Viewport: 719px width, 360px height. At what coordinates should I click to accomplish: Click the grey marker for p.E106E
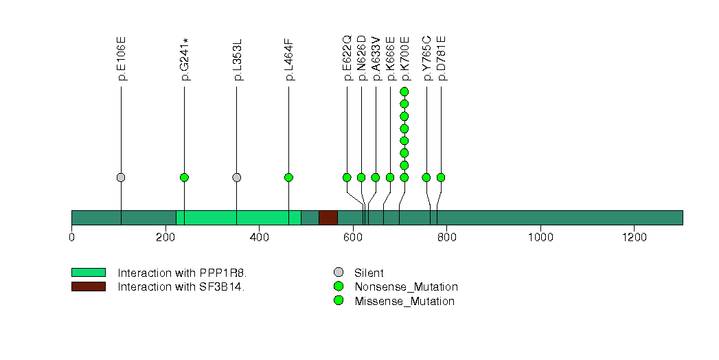point(121,177)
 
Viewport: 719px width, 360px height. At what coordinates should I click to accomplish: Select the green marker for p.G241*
point(184,177)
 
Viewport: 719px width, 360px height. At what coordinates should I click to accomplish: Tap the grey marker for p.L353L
point(237,177)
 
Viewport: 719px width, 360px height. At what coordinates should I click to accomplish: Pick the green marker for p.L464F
point(288,177)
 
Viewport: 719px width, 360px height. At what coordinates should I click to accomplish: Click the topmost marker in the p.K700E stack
point(404,91)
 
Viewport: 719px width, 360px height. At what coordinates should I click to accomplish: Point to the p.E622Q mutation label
point(347,58)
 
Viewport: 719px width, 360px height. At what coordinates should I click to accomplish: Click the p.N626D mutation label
point(362,58)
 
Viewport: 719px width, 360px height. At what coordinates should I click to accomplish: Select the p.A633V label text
point(376,58)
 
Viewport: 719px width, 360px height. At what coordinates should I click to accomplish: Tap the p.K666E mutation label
point(390,58)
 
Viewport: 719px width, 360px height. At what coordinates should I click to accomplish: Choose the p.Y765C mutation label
point(427,58)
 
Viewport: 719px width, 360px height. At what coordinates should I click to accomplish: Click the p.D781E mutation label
point(442,58)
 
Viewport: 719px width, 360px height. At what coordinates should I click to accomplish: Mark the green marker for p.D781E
point(441,177)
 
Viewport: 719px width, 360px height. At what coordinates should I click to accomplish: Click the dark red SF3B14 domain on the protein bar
point(328,218)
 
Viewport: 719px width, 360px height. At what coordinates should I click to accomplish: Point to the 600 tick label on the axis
point(353,238)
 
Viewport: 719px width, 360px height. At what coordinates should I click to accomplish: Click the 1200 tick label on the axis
point(634,238)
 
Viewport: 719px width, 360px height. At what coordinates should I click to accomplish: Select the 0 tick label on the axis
point(71,238)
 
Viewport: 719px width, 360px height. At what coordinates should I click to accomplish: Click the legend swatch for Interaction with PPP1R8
point(88,273)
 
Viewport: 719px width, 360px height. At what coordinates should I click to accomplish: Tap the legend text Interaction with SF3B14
point(181,286)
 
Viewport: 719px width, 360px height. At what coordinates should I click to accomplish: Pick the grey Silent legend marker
point(339,273)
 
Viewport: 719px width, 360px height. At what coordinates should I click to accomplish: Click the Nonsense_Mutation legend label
point(406,286)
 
